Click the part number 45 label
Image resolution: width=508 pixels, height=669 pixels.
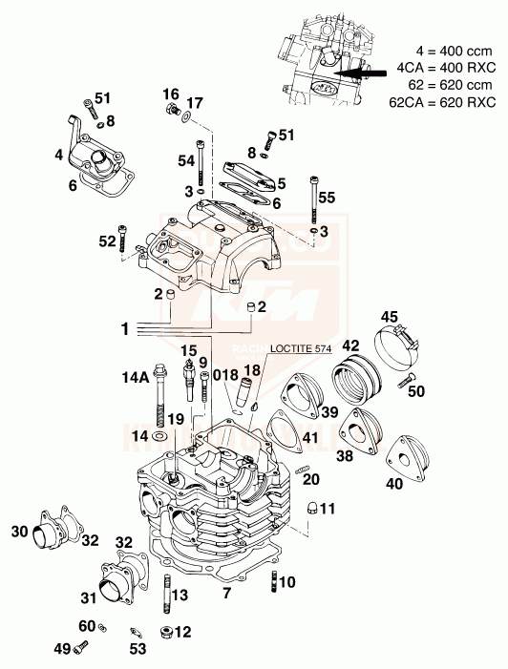[389, 317]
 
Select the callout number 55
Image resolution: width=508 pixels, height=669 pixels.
[327, 199]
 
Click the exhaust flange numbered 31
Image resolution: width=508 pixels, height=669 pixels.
[116, 579]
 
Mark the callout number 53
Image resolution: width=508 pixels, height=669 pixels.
[138, 650]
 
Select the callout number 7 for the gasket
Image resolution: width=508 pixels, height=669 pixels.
[226, 595]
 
